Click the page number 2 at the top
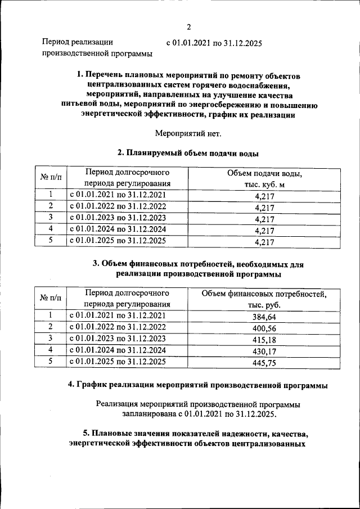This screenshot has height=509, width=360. (189, 27)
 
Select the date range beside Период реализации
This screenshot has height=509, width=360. (214, 43)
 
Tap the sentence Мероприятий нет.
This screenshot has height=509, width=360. (188, 133)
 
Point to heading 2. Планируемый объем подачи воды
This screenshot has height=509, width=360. (188, 152)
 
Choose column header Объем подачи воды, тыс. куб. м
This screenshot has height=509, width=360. (264, 178)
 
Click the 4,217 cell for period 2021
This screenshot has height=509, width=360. (264, 196)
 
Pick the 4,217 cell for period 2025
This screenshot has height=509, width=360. (264, 242)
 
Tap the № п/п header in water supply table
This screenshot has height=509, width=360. (51, 178)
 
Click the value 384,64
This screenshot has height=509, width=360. (264, 317)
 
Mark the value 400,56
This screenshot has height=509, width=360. (264, 328)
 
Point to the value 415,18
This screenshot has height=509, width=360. (264, 340)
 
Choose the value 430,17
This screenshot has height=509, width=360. (264, 352)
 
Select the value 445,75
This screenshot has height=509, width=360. (264, 363)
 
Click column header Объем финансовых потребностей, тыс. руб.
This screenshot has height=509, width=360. (264, 299)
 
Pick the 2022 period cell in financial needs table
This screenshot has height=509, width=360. (118, 327)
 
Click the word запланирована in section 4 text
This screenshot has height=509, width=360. (148, 414)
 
